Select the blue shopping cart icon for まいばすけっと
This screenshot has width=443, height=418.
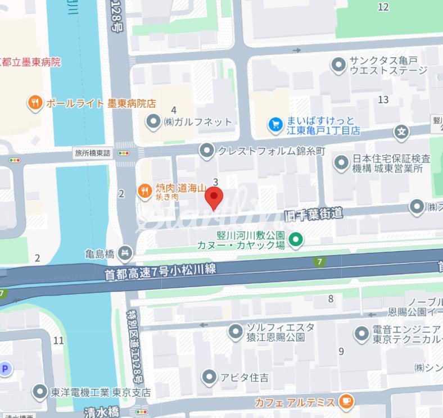(x=275, y=124)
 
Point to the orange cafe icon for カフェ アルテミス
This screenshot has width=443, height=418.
(x=346, y=401)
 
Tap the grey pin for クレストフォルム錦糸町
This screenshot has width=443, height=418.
(x=207, y=150)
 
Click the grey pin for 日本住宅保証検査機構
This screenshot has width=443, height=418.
(x=341, y=163)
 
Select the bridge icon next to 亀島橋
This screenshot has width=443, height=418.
(x=125, y=254)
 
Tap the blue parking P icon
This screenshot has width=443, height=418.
(x=5, y=368)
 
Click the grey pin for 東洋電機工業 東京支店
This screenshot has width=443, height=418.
(x=39, y=391)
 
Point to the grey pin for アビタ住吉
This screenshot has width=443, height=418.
(x=209, y=376)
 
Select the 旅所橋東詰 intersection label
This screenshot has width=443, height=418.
(x=93, y=152)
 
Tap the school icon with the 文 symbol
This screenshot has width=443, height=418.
(x=401, y=133)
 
